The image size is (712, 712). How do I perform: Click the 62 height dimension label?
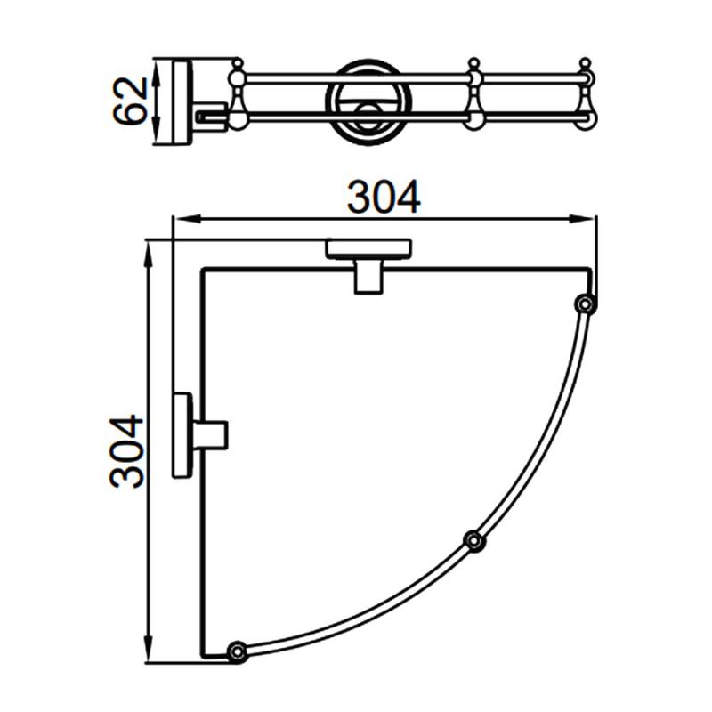tap(130, 101)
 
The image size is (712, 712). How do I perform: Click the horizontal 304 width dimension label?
tap(384, 197)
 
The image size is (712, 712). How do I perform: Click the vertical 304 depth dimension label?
tap(126, 451)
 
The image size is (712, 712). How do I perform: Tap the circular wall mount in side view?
tap(368, 102)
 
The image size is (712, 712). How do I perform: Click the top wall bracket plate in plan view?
tap(368, 249)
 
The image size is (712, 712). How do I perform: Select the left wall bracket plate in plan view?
tap(182, 434)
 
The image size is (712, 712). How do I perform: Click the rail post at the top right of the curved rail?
tap(586, 303)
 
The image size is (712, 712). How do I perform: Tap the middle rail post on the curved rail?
tap(474, 541)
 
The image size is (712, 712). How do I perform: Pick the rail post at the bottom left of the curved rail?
tap(237, 652)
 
